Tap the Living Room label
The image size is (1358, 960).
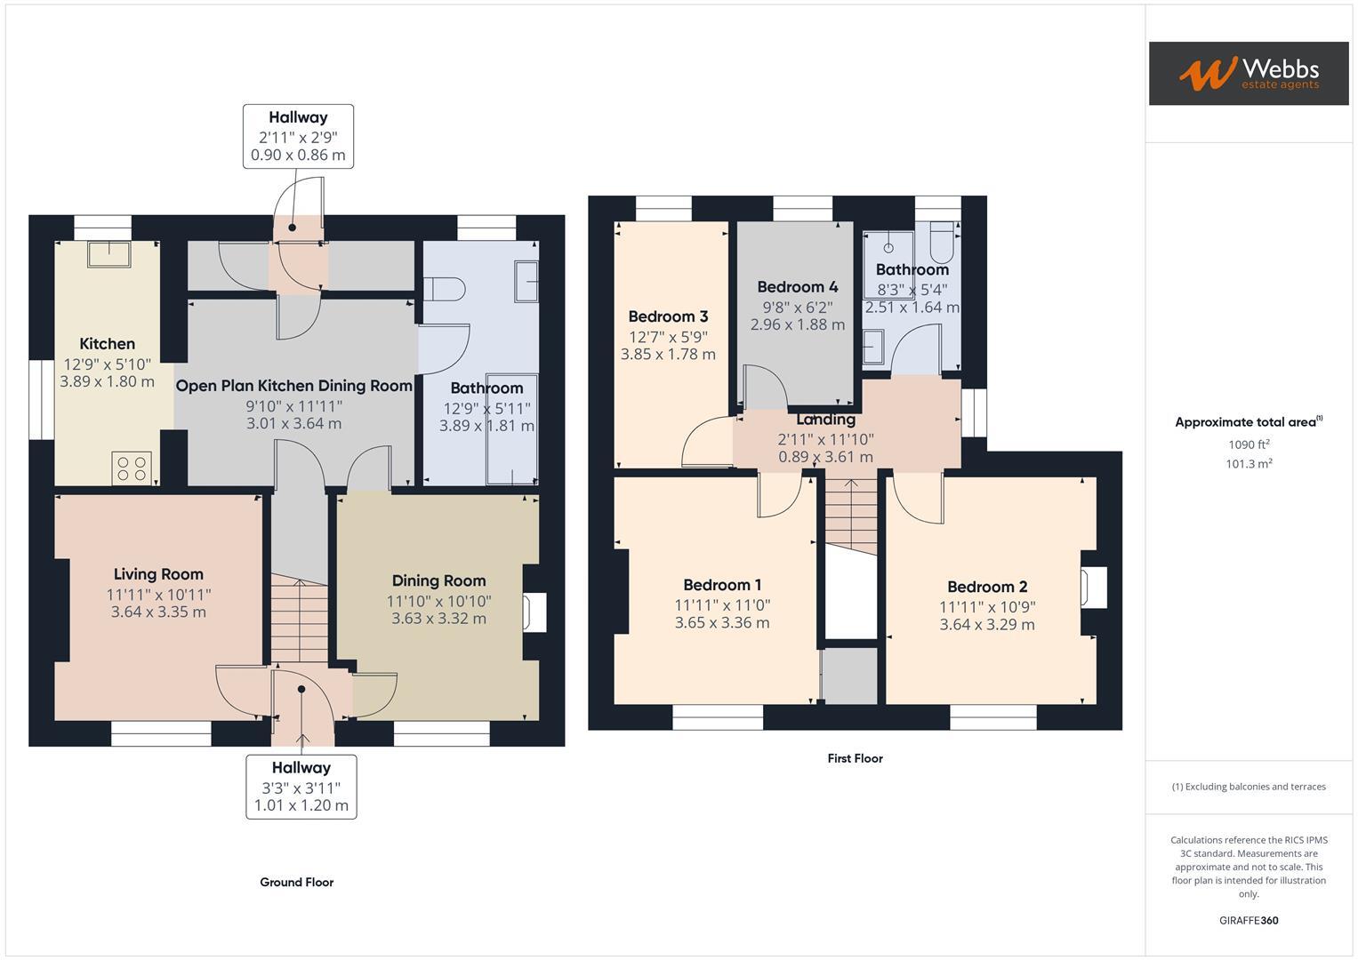click(x=158, y=574)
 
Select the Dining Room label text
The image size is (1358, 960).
click(x=438, y=580)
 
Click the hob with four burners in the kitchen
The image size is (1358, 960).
click(x=132, y=468)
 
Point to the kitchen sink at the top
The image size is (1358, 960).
click(x=109, y=253)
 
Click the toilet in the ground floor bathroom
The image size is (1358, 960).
click(x=446, y=290)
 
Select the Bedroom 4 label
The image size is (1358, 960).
click(x=797, y=287)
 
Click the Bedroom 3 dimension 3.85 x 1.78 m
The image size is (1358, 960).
click(x=668, y=354)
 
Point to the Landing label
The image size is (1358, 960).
click(x=825, y=420)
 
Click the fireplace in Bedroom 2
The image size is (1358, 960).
click(x=1093, y=588)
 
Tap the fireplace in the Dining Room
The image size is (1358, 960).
click(x=534, y=613)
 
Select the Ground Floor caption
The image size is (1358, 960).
click(x=296, y=882)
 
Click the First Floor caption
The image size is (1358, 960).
click(x=855, y=758)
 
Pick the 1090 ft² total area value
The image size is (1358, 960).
click(x=1249, y=444)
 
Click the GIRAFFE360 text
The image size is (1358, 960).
click(x=1249, y=920)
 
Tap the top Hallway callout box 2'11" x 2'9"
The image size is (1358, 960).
click(x=298, y=136)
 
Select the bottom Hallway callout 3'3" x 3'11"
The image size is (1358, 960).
click(x=301, y=787)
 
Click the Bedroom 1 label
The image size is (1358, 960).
click(x=722, y=585)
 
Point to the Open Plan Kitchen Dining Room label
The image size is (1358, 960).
click(x=293, y=386)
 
